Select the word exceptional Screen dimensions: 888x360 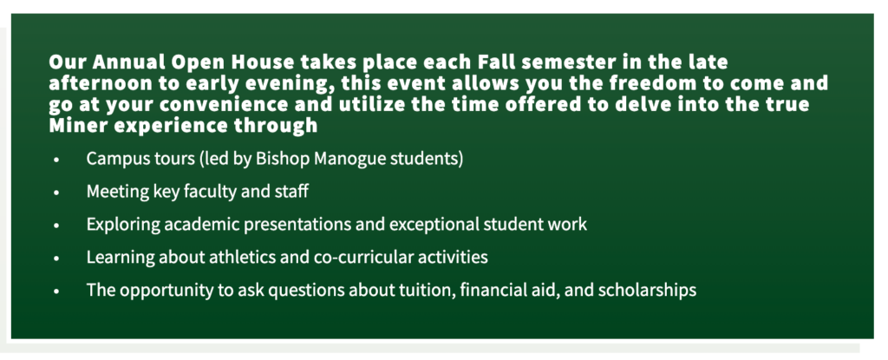pos(432,225)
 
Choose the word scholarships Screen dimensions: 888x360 pos(647,291)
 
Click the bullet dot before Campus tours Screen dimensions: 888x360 pos(55,160)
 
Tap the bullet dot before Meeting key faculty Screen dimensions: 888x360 pos(55,193)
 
